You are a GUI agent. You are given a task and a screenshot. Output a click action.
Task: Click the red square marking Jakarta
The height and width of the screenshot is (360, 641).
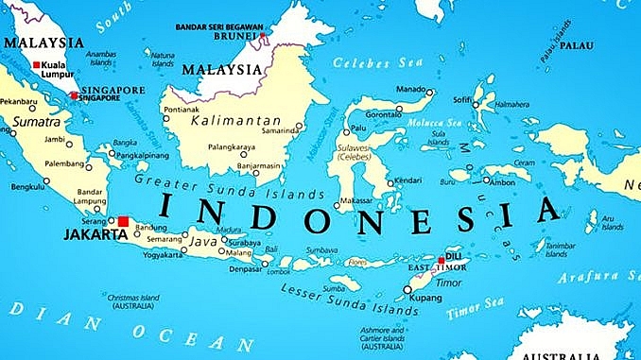point(123,221)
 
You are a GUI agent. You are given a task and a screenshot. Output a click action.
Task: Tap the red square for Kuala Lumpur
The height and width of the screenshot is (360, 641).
point(37,65)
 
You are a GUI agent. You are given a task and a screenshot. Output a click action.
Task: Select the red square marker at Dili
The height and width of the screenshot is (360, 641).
point(441,259)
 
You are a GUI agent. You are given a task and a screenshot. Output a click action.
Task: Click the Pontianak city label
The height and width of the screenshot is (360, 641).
point(183,110)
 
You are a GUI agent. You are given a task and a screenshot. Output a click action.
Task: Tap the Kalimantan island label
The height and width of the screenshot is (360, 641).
point(235,121)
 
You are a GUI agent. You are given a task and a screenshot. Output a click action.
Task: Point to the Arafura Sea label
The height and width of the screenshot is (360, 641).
point(598,278)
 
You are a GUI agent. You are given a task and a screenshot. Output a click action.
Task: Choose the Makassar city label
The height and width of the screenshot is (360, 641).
point(355,201)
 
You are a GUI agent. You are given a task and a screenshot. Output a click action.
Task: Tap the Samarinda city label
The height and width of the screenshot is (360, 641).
point(281,130)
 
